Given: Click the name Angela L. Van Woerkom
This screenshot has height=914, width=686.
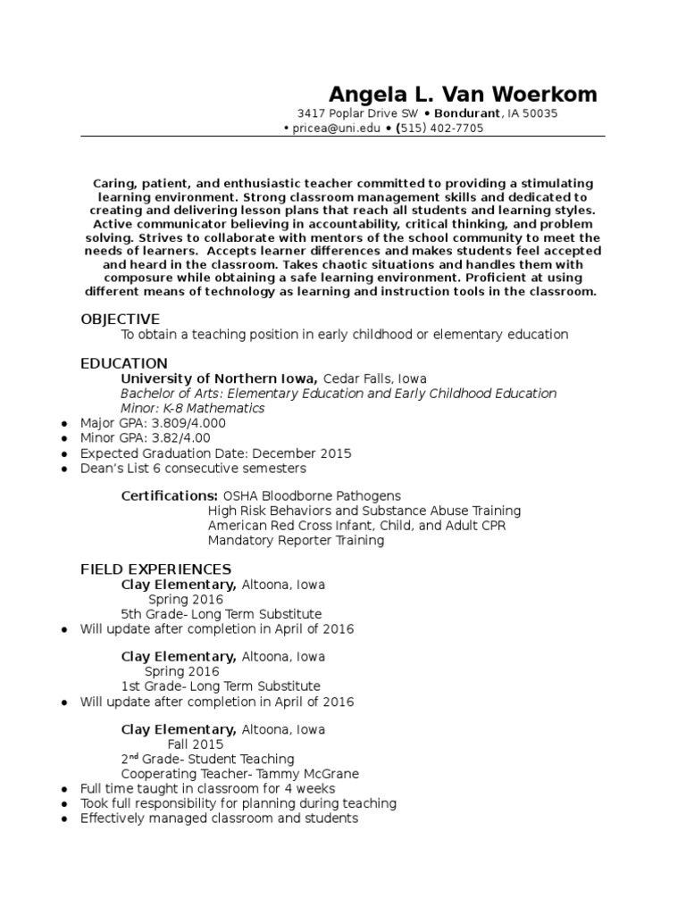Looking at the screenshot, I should (x=464, y=95).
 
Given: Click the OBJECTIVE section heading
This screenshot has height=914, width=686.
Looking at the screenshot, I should (x=120, y=319).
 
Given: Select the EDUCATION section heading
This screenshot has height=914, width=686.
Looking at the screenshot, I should (x=124, y=363).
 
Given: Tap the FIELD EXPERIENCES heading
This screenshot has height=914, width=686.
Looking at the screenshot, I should (x=155, y=569).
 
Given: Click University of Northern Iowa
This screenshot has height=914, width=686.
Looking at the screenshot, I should (x=219, y=378).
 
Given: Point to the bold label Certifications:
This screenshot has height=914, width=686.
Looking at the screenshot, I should (x=169, y=495).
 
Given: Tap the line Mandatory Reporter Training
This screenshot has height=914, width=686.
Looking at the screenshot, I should (x=297, y=540).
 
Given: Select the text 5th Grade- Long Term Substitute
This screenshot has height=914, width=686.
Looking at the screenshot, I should (x=221, y=614).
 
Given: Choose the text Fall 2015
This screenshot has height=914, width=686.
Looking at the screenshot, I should (x=196, y=744).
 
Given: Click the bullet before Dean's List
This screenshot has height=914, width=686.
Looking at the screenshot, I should (x=64, y=469).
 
